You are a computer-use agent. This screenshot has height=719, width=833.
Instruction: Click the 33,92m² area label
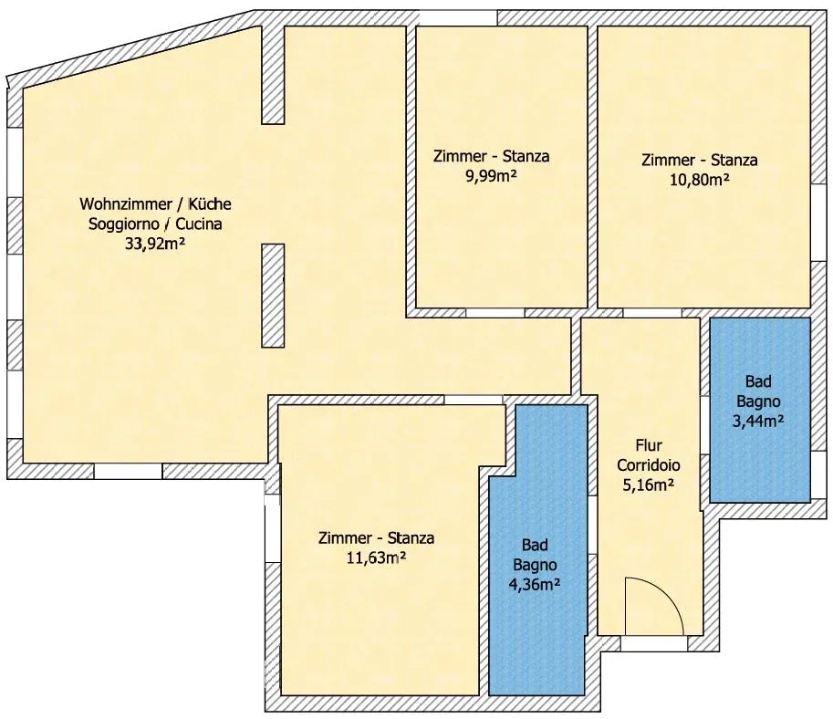point(155,244)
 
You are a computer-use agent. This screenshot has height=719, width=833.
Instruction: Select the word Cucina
point(199,224)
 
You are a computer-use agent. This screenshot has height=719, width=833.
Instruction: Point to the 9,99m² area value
point(492,176)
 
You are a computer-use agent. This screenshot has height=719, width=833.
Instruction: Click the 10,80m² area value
point(699,180)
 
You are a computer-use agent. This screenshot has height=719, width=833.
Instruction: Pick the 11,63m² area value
point(376,558)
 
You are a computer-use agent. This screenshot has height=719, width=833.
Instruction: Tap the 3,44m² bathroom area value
point(758,421)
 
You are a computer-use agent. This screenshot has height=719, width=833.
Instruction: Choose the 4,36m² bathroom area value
point(535,585)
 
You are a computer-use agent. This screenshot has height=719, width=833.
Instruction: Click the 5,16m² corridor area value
point(649,485)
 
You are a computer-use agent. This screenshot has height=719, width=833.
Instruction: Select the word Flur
point(649,444)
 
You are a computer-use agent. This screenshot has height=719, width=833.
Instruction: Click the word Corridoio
point(649,465)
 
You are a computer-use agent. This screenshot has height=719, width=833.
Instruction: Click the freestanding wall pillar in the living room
point(273,296)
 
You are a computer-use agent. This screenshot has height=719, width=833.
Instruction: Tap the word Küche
point(211,204)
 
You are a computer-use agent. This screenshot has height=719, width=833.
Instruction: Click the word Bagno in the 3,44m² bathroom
point(758,401)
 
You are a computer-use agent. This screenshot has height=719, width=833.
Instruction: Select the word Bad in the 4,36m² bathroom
point(535,545)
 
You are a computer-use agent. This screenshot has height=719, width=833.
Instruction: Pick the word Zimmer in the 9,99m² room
point(460,156)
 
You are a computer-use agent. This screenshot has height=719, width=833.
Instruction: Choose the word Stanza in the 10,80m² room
point(734,160)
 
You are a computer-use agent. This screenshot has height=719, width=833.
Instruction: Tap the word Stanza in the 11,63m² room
point(411,537)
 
